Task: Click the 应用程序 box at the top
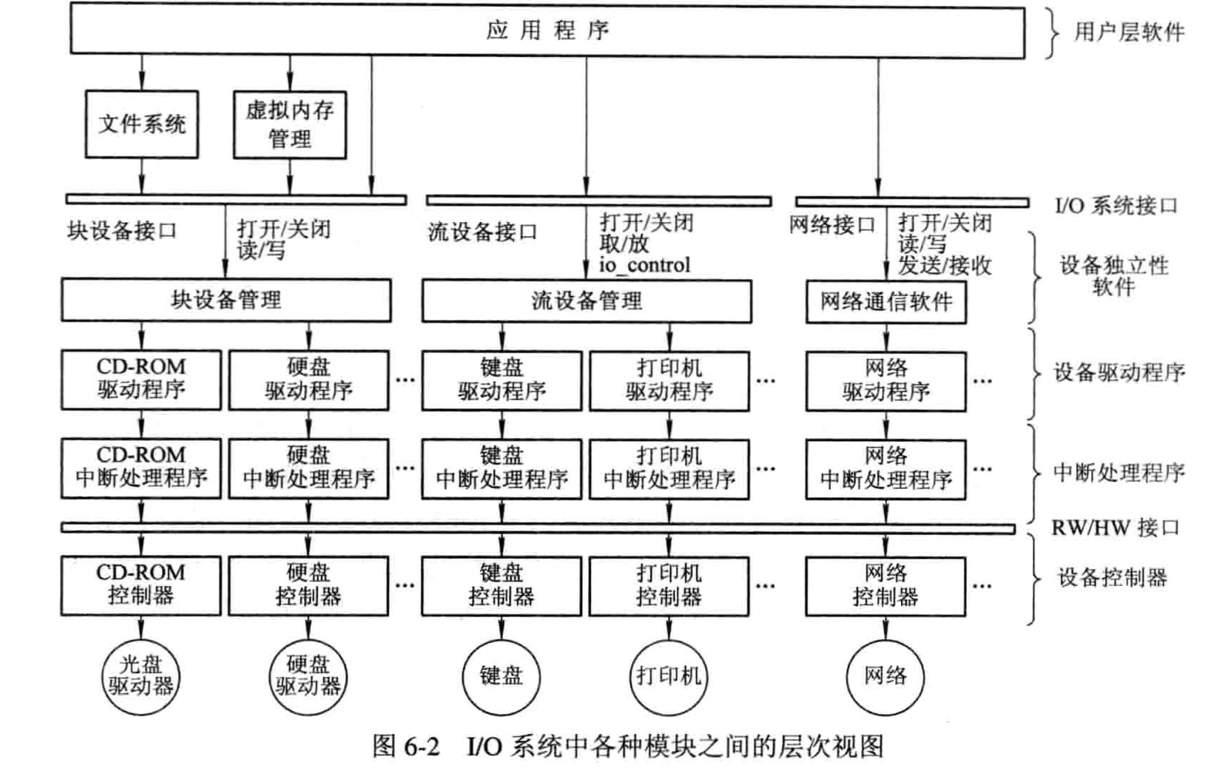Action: pyautogui.click(x=547, y=30)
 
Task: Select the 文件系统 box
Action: pyautogui.click(x=142, y=124)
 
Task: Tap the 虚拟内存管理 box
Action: pyautogui.click(x=289, y=125)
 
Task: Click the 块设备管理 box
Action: pyautogui.click(x=226, y=300)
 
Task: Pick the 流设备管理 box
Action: pyautogui.click(x=587, y=301)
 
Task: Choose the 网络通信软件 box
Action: pyautogui.click(x=886, y=301)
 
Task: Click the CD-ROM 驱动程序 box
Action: pyautogui.click(x=141, y=379)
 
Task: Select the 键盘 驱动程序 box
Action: pyautogui.click(x=501, y=381)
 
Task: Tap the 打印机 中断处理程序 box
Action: pyautogui.click(x=670, y=469)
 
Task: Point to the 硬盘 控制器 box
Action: pyautogui.click(x=308, y=585)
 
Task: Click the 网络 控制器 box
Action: pyautogui.click(x=886, y=587)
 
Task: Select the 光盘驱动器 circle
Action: pyautogui.click(x=140, y=677)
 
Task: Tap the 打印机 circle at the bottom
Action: pyautogui.click(x=669, y=677)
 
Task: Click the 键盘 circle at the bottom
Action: pyautogui.click(x=501, y=677)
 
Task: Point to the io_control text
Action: pyautogui.click(x=644, y=265)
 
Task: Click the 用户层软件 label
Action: pyautogui.click(x=1129, y=32)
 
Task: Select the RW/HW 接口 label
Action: pyautogui.click(x=1115, y=527)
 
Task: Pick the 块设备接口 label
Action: pyautogui.click(x=122, y=231)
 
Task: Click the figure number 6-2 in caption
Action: pyautogui.click(x=421, y=747)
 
